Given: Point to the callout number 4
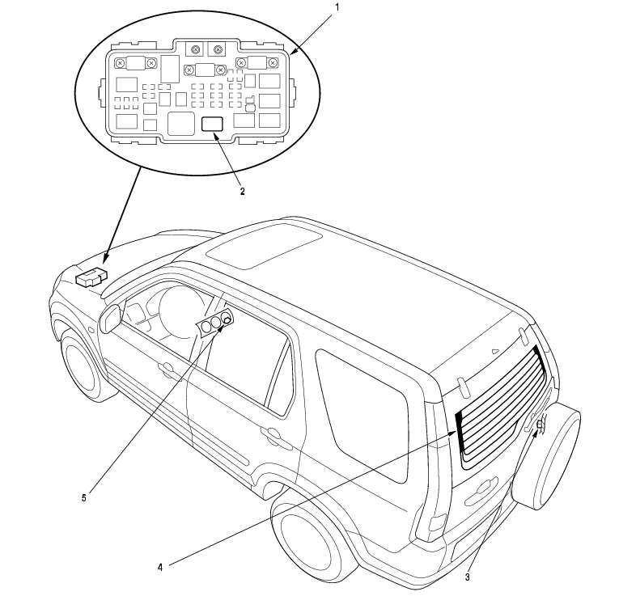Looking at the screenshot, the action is pyautogui.click(x=159, y=568).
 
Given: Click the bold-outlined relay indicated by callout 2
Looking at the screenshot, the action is pyautogui.click(x=212, y=124).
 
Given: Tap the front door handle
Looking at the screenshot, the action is pyautogui.click(x=168, y=370).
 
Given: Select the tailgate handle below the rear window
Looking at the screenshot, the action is pyautogui.click(x=482, y=485).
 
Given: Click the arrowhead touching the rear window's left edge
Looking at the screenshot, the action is pyautogui.click(x=454, y=433).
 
